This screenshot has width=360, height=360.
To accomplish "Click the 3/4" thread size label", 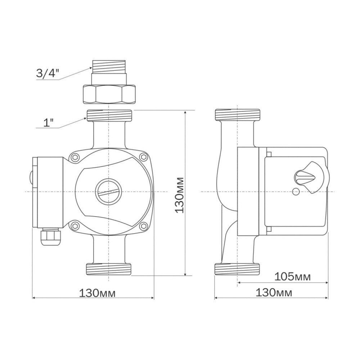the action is [x=48, y=73].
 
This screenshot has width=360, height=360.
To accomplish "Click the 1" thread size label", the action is [x=48, y=123].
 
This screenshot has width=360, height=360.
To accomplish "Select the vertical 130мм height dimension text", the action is [x=179, y=195].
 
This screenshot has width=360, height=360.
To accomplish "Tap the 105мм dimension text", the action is [x=292, y=276].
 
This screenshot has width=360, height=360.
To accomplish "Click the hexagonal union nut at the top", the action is [x=109, y=94].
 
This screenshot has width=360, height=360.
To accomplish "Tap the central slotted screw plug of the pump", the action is [x=108, y=191].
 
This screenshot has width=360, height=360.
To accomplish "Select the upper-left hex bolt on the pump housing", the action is [x=75, y=157].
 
